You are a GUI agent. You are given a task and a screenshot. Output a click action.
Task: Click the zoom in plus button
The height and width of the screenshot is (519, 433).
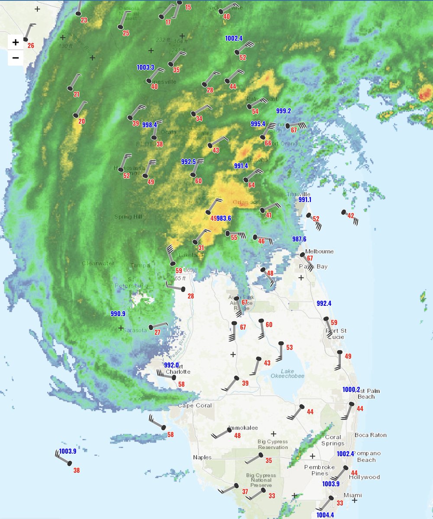[x=16, y=42]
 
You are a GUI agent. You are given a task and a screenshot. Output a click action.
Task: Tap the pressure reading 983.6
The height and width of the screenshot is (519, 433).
[x=224, y=218]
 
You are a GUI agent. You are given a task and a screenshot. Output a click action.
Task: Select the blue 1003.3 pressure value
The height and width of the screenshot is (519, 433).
[x=145, y=67]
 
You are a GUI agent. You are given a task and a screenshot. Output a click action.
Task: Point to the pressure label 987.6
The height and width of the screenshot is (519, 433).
[x=299, y=239]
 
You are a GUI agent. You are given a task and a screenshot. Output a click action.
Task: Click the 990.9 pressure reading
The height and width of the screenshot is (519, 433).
[x=118, y=314]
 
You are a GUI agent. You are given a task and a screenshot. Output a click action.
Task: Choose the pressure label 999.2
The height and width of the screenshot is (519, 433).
[x=284, y=111]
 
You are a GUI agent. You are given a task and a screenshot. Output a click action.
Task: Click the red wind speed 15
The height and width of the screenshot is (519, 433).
[x=188, y=7]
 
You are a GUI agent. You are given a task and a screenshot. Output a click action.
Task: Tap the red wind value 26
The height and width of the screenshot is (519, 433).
[x=31, y=45]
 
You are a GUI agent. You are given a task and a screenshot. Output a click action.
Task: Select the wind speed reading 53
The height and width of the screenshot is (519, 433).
[x=289, y=347]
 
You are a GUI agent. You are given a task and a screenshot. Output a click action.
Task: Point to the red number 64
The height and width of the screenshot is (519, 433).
[x=252, y=185]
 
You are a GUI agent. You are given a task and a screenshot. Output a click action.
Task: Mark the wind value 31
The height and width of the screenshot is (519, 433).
[x=200, y=248]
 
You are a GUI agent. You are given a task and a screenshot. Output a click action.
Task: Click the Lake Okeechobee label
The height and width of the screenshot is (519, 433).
[x=287, y=374]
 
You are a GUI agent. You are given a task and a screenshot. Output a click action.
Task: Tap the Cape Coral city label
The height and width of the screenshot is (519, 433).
[x=195, y=405]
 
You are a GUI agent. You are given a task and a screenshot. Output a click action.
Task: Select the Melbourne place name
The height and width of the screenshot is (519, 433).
[x=320, y=251]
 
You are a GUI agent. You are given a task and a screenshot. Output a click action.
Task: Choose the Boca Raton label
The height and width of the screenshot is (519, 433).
[x=371, y=435]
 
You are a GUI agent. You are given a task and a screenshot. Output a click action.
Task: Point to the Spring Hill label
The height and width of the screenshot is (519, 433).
[x=129, y=216]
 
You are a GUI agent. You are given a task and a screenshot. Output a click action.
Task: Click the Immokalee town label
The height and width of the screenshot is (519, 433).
[x=243, y=428]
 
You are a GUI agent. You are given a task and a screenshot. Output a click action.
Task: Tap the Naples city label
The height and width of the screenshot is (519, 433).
[x=202, y=457]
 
